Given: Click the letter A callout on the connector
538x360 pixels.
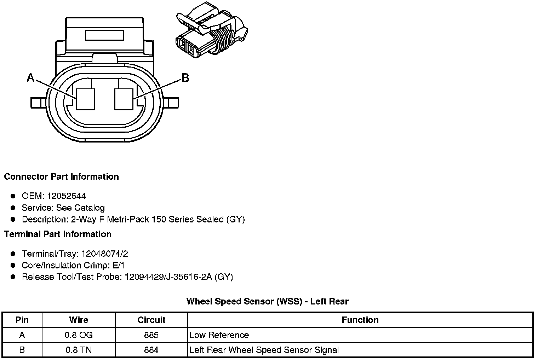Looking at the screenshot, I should click(x=31, y=77).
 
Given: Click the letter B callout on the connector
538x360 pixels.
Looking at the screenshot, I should click(x=185, y=77).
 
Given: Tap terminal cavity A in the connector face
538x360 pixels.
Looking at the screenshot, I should click(x=86, y=99).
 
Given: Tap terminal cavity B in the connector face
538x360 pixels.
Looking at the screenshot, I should click(x=124, y=99).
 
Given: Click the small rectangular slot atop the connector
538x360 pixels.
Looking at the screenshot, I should click(x=104, y=35).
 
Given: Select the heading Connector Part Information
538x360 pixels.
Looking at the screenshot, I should click(x=61, y=176).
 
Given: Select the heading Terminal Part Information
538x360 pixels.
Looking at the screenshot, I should click(x=58, y=234).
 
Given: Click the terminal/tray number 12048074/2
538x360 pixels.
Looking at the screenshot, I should click(x=104, y=254).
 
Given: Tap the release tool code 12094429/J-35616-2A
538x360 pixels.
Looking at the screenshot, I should click(x=168, y=277).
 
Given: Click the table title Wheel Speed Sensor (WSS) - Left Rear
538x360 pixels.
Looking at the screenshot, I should click(x=267, y=301).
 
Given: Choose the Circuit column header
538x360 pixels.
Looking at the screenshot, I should click(x=151, y=320).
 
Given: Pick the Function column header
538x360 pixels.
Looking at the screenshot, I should click(x=360, y=320).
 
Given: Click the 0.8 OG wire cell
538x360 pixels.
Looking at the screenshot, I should click(x=79, y=335).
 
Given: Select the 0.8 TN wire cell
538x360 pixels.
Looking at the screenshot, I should click(x=79, y=350).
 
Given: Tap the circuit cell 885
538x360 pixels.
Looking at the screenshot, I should click(x=151, y=335).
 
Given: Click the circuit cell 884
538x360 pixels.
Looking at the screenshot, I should click(x=151, y=350).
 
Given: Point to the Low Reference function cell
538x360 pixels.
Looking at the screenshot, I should click(x=219, y=335).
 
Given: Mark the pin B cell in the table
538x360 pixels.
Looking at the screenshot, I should click(x=22, y=350).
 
